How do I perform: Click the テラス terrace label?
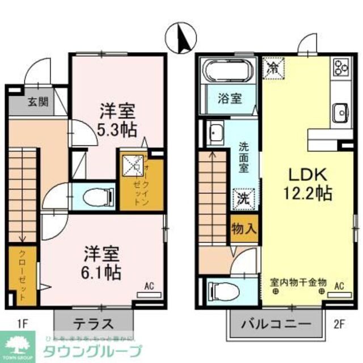tap(94, 324)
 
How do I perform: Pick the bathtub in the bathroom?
tap(230, 71)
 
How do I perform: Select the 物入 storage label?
tap(244, 229)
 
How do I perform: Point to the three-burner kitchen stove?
tap(341, 67)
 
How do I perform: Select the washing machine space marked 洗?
tap(244, 199)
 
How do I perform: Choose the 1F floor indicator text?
tap(22, 324)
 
